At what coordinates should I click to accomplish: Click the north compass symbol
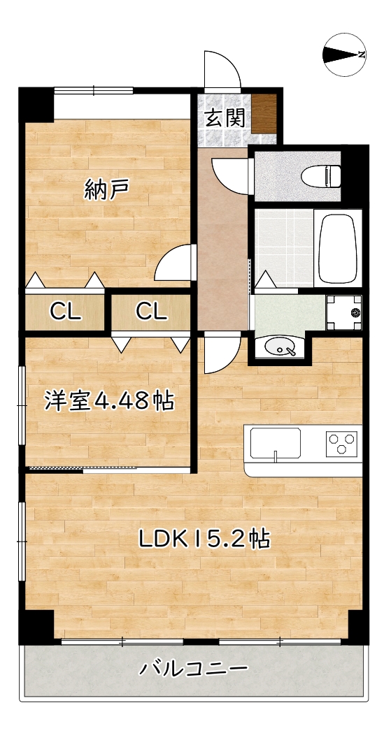pyautogui.click(x=346, y=55)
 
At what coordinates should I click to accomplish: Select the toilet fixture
pyautogui.click(x=322, y=175)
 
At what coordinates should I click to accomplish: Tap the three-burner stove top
pyautogui.click(x=341, y=443)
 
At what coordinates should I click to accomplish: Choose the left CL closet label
pyautogui.click(x=65, y=312)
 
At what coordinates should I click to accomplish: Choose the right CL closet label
pyautogui.click(x=151, y=312)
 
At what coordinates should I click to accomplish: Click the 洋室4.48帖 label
pyautogui.click(x=109, y=401)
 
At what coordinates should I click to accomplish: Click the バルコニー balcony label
pyautogui.click(x=193, y=669)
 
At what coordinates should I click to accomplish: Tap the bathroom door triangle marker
pyautogui.click(x=265, y=281)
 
